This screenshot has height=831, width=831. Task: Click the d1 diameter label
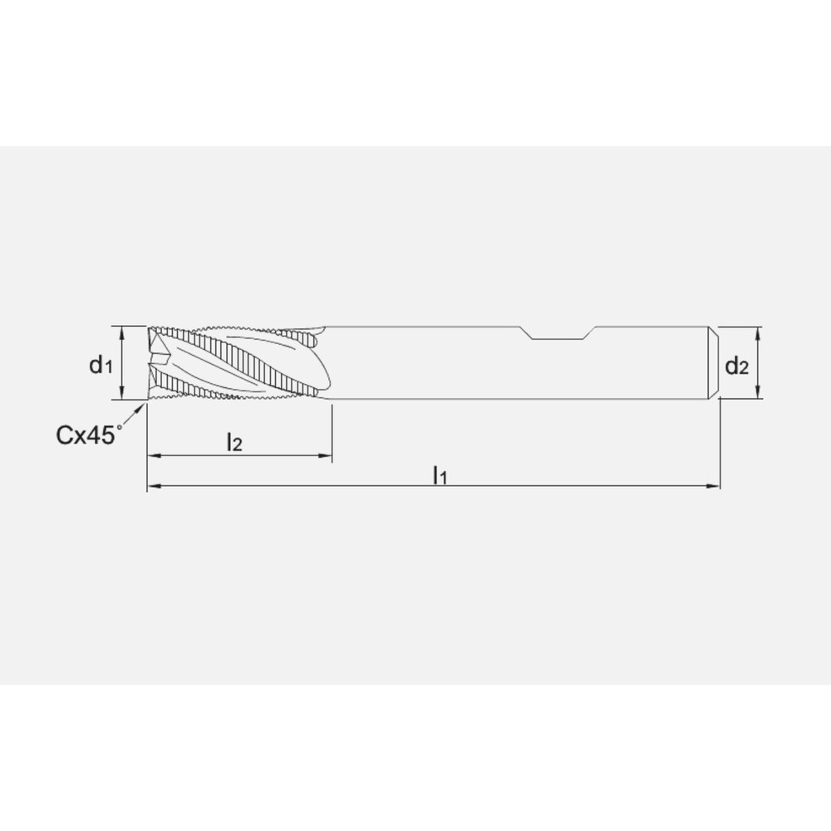pyautogui.click(x=101, y=365)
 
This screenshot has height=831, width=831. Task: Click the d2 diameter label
pyautogui.click(x=736, y=366)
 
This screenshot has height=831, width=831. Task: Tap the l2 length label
pyautogui.click(x=234, y=442)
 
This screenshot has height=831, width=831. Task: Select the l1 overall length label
pyautogui.click(x=440, y=475)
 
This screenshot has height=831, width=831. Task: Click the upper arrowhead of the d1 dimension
pyautogui.click(x=122, y=332)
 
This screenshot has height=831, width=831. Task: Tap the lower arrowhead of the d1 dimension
pyautogui.click(x=122, y=393)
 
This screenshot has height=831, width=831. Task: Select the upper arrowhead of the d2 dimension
pyautogui.click(x=758, y=333)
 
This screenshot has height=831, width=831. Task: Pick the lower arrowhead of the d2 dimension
pyautogui.click(x=758, y=393)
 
